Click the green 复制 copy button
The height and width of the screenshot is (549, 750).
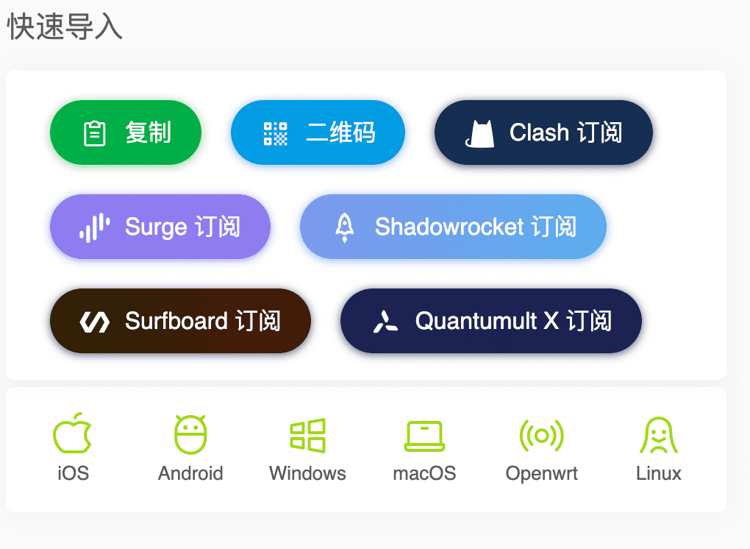[x=126, y=132]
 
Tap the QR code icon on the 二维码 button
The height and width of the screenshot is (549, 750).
[x=276, y=133]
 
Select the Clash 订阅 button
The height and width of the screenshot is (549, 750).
[x=543, y=132]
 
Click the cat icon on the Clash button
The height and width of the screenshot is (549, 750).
[x=479, y=133]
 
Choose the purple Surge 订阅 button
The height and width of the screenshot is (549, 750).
[x=160, y=227]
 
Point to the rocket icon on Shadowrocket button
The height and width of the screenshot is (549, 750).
[x=344, y=227]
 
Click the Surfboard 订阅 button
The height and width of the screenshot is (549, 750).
[x=180, y=321]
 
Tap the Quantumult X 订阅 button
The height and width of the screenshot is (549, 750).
[x=490, y=321]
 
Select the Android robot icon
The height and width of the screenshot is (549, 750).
[x=190, y=435]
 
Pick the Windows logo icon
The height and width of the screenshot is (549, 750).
[x=308, y=436]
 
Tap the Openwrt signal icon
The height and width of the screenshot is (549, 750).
[x=541, y=436]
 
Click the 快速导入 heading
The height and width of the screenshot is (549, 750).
[x=65, y=26]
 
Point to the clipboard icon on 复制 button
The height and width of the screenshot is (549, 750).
[x=95, y=133]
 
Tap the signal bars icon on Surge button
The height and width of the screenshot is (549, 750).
[x=95, y=228]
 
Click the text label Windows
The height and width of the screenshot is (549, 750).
[x=307, y=473]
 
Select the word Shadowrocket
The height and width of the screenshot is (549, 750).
[x=449, y=227]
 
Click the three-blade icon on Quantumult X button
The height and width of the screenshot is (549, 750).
[x=385, y=322]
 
